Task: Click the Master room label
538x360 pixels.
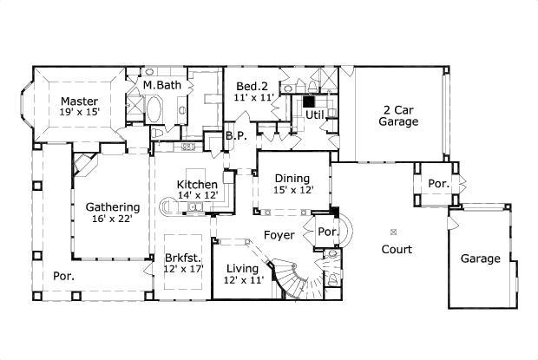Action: click(x=79, y=101)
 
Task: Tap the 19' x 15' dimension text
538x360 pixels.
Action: click(x=79, y=113)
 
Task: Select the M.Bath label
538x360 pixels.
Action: click(x=161, y=85)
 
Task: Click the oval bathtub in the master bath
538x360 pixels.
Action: click(x=154, y=111)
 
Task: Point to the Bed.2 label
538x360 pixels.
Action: click(x=252, y=87)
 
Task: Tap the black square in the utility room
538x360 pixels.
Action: click(x=307, y=101)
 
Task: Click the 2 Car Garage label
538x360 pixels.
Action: click(x=398, y=116)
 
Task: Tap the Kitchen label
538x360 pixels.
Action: click(x=197, y=185)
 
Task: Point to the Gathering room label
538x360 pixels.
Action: click(x=113, y=207)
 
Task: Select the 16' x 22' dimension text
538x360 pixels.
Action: click(x=113, y=219)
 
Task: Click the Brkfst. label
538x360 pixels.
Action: click(x=183, y=258)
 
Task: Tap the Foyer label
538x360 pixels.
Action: click(x=279, y=235)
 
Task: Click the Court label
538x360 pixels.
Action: click(x=396, y=249)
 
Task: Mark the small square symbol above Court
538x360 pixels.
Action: click(x=393, y=232)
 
